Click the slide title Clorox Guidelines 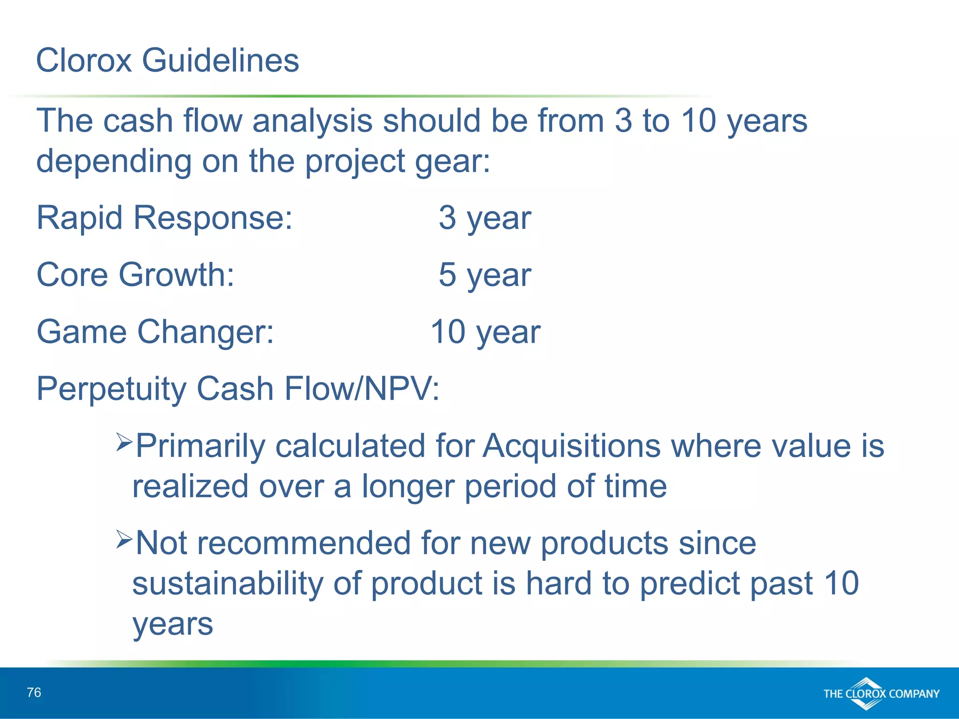point(167,60)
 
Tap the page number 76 point(34,692)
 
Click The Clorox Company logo point(881,693)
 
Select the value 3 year point(485,218)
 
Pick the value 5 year point(485,275)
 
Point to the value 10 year point(485,332)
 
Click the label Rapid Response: point(164,218)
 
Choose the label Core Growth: point(135,275)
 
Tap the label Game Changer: point(155,332)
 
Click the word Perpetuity point(111,389)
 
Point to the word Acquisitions point(571,446)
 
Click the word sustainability point(228,583)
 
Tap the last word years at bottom point(173,624)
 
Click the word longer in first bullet point(408,486)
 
